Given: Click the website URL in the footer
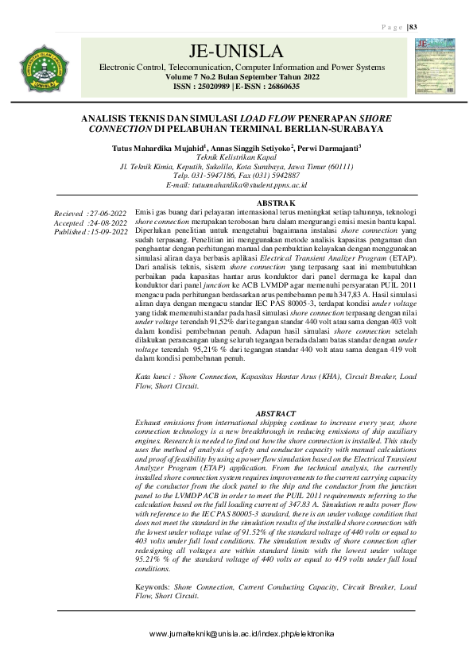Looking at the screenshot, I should point(237,633).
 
